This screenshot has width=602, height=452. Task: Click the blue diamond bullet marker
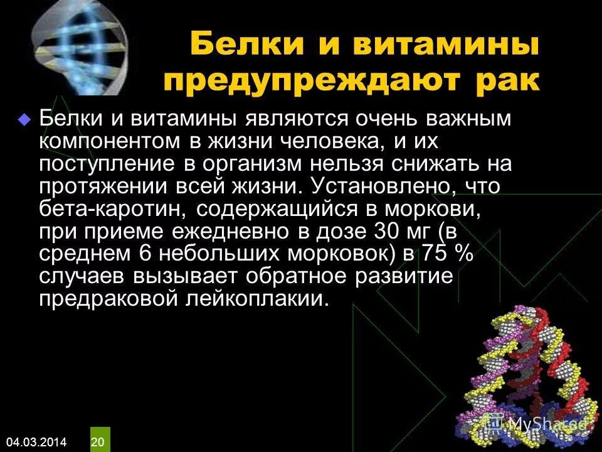pos(25,119)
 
